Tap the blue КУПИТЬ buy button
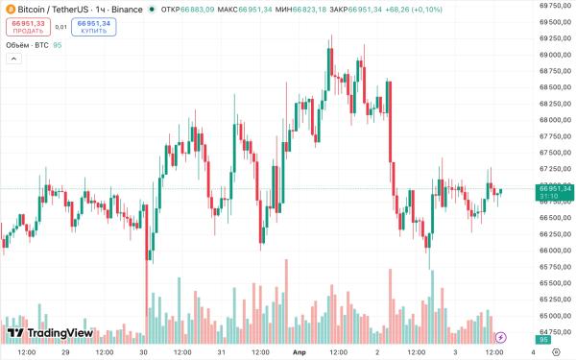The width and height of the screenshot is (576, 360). (x=94, y=27)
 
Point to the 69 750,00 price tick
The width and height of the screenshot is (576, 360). (x=556, y=6)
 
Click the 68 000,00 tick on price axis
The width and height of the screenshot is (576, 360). (x=556, y=120)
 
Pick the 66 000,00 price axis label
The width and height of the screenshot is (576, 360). (x=556, y=251)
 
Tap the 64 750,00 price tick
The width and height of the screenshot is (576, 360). (x=556, y=332)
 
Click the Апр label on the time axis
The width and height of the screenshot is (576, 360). (x=299, y=352)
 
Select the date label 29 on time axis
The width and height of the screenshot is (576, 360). (x=65, y=352)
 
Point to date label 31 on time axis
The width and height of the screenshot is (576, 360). (x=222, y=352)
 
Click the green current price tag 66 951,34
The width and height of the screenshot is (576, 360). (x=555, y=189)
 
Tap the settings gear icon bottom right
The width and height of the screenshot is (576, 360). (x=543, y=352)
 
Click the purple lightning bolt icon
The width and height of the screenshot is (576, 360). (x=500, y=337)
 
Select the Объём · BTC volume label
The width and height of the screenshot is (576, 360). (x=27, y=44)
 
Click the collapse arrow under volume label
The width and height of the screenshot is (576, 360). (x=13, y=60)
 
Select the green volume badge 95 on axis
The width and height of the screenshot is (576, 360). (x=543, y=341)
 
